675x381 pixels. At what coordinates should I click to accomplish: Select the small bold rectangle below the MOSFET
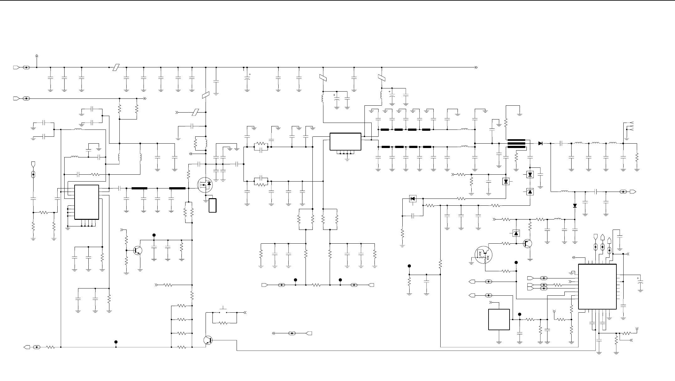[212, 205]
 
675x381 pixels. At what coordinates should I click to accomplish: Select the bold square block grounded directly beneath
[499, 320]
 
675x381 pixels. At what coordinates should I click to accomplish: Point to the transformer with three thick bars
[516, 144]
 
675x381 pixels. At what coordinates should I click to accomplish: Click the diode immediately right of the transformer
[540, 143]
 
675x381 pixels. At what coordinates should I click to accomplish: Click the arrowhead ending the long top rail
[476, 67]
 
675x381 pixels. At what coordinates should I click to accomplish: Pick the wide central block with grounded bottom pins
[345, 142]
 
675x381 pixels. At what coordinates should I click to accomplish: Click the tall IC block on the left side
[86, 202]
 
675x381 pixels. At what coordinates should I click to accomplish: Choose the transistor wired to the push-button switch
[208, 340]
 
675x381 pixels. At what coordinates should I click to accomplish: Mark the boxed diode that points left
[413, 198]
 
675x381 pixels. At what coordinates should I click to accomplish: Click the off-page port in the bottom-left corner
[27, 347]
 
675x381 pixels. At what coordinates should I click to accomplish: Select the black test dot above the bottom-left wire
[116, 342]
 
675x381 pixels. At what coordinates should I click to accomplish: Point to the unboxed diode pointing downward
[575, 206]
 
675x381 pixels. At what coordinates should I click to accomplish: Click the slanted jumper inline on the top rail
[116, 67]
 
